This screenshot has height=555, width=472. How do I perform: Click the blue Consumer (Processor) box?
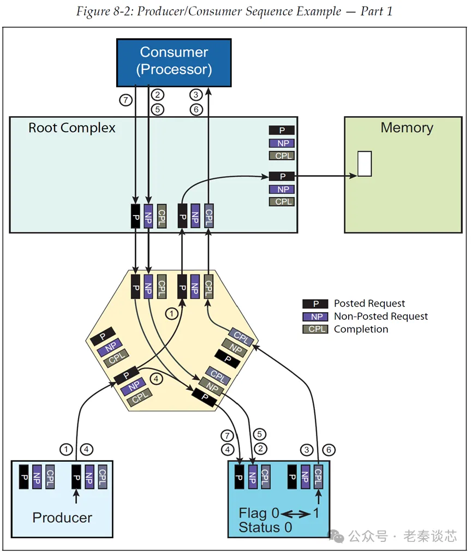pyautogui.click(x=174, y=62)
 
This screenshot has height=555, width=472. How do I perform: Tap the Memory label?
pyautogui.click(x=407, y=128)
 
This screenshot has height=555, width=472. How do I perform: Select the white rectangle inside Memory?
pyautogui.click(x=365, y=164)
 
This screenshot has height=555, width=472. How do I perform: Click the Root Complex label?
pyautogui.click(x=72, y=128)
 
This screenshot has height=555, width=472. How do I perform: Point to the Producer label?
pyautogui.click(x=62, y=517)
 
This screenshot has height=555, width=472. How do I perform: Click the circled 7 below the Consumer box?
pyautogui.click(x=126, y=100)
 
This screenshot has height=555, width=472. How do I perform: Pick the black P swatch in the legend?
pyautogui.click(x=315, y=303)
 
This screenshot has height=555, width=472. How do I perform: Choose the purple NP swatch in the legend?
pyautogui.click(x=315, y=317)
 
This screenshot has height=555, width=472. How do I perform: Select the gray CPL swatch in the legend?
pyautogui.click(x=315, y=329)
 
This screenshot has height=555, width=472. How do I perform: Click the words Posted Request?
pyautogui.click(x=369, y=303)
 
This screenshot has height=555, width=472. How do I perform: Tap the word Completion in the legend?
pyautogui.click(x=361, y=329)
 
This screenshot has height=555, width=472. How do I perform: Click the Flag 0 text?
pyautogui.click(x=259, y=514)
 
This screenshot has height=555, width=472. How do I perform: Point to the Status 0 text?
pyautogui.click(x=265, y=527)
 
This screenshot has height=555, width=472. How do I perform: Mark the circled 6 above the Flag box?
pyautogui.click(x=328, y=450)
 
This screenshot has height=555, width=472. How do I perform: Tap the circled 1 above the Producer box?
pyautogui.click(x=66, y=450)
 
